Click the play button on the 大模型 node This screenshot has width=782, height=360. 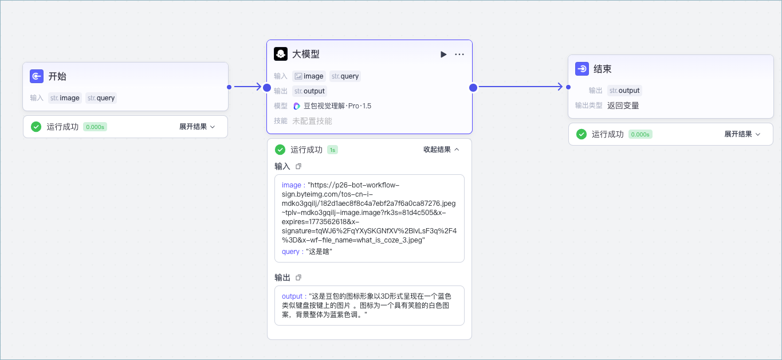click(x=443, y=54)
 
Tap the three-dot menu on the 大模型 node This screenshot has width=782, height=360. click(x=459, y=54)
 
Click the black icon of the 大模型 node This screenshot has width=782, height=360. click(x=281, y=54)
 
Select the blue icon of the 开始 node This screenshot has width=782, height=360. click(x=37, y=76)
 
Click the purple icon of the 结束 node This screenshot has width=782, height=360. click(x=582, y=69)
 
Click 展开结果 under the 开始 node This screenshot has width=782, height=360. click(x=197, y=127)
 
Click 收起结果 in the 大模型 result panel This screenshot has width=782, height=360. click(x=441, y=150)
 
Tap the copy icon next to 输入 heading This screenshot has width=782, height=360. click(x=298, y=166)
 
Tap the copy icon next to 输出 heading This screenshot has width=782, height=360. click(x=298, y=277)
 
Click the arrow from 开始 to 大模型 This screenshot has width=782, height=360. click(x=247, y=87)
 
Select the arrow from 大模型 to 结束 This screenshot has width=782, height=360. click(x=520, y=87)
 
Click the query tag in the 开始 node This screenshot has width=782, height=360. click(x=101, y=98)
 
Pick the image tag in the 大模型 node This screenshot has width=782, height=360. click(x=309, y=76)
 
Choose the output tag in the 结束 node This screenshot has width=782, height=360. click(x=624, y=91)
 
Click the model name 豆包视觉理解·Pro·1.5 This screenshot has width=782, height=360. click(x=337, y=106)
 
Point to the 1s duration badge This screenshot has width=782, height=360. click(x=332, y=150)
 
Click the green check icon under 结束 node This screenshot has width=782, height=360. click(x=581, y=134)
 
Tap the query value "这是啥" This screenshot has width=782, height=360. click(x=319, y=252)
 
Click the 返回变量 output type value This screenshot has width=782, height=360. click(x=623, y=105)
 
